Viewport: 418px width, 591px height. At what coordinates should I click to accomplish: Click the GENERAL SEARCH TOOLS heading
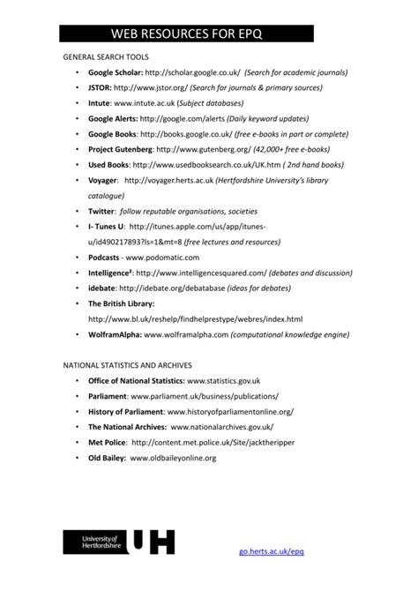click(x=111, y=56)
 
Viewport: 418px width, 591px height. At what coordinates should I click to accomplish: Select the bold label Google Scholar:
click(x=115, y=72)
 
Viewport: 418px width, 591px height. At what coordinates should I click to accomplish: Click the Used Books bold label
click(x=108, y=165)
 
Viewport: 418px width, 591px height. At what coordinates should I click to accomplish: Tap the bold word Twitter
click(x=101, y=212)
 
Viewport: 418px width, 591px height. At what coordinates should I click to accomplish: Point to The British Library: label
click(x=122, y=303)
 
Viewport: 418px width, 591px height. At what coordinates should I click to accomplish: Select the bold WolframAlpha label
click(x=115, y=335)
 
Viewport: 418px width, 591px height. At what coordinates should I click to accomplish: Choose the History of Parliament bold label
click(x=126, y=411)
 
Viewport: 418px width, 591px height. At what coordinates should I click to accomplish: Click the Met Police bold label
click(x=106, y=442)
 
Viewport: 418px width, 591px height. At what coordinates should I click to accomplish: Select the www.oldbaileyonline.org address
click(x=173, y=458)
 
